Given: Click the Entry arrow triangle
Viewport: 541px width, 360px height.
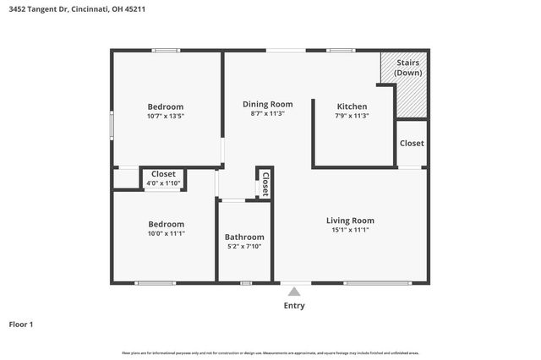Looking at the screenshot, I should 293,292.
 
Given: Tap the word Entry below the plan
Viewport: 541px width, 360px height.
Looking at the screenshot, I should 294,306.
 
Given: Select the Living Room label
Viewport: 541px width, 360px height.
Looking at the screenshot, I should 350,221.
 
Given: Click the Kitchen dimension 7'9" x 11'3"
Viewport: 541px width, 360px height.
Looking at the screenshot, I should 352,116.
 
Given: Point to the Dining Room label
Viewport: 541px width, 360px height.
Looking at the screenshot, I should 267,104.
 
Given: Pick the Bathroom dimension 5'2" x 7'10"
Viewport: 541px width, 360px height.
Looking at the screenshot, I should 244,247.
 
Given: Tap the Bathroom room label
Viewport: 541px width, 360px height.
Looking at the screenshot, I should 244,237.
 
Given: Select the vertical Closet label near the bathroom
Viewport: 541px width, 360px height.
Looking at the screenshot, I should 265,183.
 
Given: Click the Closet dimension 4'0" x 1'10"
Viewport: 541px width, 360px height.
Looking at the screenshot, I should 163,183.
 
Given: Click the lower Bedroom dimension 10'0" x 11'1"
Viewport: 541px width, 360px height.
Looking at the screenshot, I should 166,233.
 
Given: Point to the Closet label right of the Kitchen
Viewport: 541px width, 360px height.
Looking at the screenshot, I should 412,143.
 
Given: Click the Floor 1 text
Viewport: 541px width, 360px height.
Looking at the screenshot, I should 21,324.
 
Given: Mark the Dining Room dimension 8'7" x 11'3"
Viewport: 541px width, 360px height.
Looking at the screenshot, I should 267,113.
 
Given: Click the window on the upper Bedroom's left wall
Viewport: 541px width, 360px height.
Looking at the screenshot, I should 112,125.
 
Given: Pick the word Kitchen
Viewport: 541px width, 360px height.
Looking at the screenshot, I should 352,106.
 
